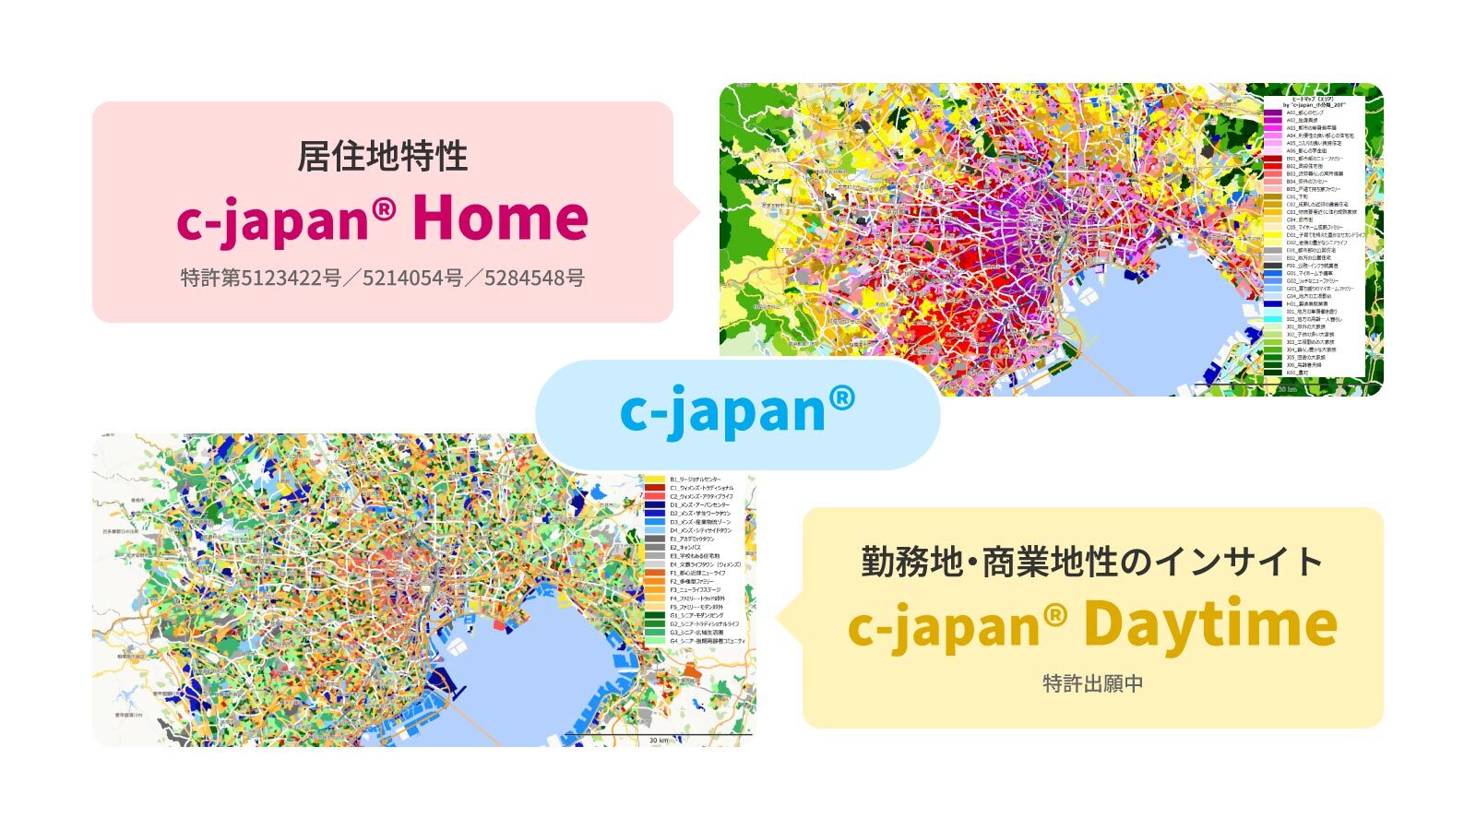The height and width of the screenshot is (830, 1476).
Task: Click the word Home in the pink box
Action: (500, 218)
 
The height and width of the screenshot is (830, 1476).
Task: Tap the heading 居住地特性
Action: (382, 156)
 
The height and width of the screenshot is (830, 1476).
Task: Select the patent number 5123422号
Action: (291, 278)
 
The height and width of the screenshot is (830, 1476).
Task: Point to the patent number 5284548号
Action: (534, 278)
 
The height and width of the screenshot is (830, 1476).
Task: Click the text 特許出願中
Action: (1093, 683)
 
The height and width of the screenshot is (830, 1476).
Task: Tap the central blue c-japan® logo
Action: (737, 411)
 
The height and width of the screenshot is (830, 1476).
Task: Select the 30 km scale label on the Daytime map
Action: (658, 740)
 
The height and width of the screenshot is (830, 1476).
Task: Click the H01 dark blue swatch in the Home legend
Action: (1273, 303)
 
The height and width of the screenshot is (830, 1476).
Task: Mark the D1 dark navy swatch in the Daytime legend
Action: (655, 505)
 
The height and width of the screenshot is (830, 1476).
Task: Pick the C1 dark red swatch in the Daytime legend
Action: (655, 488)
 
